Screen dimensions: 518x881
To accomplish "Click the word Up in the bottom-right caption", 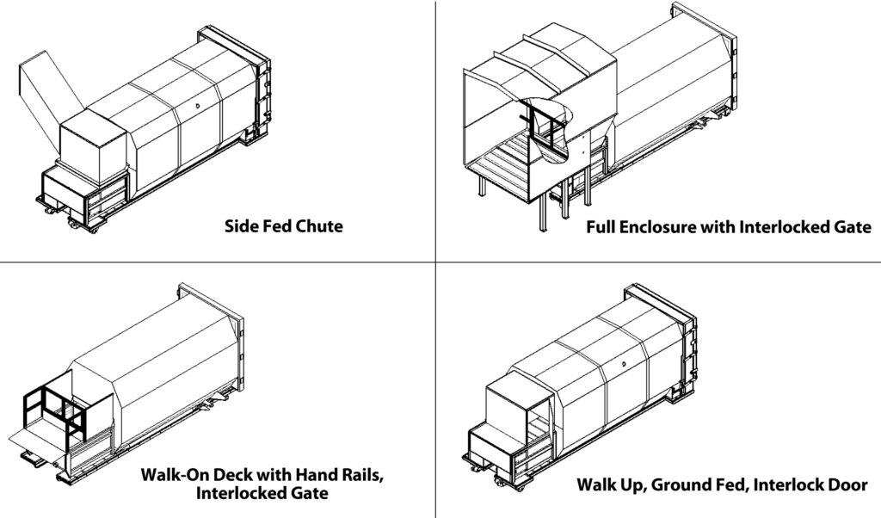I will tap(633, 484).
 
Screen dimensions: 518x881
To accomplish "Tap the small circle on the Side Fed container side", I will tap(197, 106).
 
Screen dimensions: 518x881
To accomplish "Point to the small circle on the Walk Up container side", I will tap(622, 365).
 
